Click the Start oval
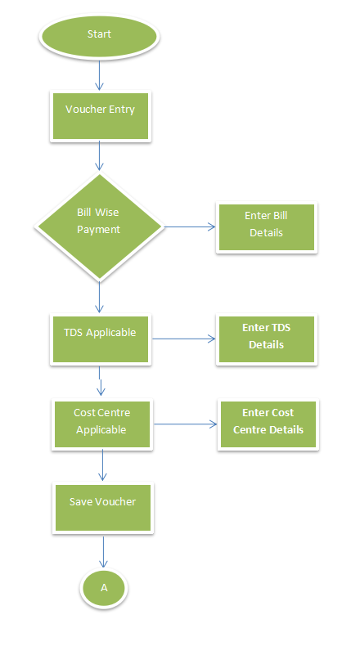click(99, 37)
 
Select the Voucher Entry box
click(101, 116)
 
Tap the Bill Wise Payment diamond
click(100, 227)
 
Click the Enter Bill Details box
click(267, 227)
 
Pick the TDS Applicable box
click(101, 339)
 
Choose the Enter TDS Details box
click(267, 339)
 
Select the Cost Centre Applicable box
click(102, 424)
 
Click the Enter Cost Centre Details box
click(268, 424)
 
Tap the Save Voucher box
click(103, 508)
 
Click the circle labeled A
click(104, 588)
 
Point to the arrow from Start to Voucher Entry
click(99, 75)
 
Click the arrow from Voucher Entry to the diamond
click(99, 156)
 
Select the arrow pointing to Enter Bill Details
click(190, 227)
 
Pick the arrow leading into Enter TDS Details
click(184, 339)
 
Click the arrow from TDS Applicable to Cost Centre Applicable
click(101, 381)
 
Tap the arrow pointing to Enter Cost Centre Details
click(186, 424)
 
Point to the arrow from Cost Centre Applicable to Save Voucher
click(102, 465)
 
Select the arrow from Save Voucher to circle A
click(103, 552)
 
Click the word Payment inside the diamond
click(99, 230)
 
